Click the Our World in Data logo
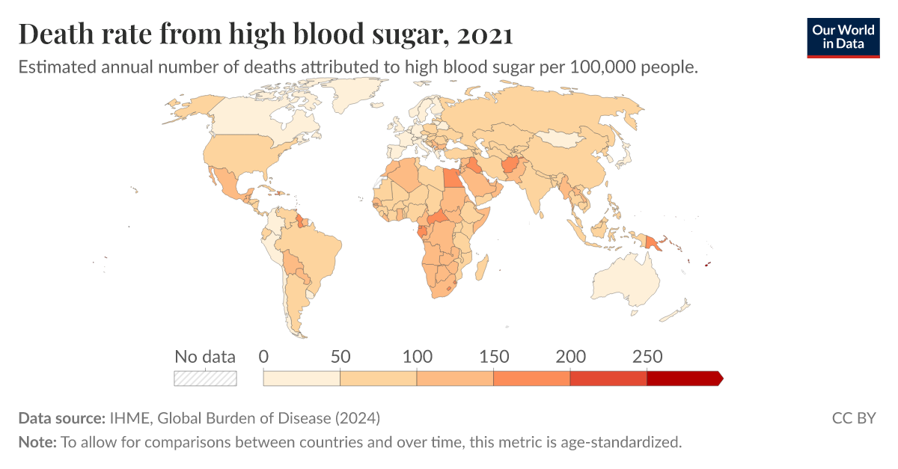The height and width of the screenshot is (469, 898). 843,36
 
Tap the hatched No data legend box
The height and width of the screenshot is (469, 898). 205,378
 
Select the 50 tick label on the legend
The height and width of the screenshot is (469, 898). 340,357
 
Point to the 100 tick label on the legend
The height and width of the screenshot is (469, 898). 417,357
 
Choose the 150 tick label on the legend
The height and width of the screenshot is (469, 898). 494,357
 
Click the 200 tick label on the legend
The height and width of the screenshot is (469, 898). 570,357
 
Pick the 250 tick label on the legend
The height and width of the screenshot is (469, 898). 647,357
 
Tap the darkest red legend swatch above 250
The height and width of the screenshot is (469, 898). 683,378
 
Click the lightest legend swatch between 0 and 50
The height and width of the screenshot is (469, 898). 302,378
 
